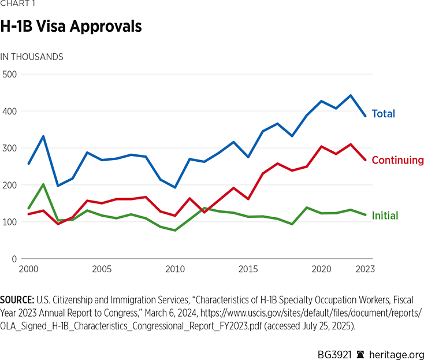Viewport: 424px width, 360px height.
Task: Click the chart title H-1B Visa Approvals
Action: coord(71,27)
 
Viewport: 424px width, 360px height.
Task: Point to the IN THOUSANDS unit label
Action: coord(32,57)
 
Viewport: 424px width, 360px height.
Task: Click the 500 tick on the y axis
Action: coord(10,74)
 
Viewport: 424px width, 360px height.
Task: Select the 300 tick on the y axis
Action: coord(10,148)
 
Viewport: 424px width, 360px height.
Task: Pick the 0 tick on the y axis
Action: coord(14,259)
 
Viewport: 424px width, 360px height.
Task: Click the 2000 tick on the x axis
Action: coord(28,269)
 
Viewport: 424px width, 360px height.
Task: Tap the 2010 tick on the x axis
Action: coord(175,269)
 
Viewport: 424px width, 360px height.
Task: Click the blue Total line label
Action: coord(383,113)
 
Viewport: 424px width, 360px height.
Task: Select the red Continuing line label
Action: coord(397,160)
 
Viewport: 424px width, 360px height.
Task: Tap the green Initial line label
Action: coord(385,216)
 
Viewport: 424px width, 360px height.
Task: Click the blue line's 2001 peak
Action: coord(43,136)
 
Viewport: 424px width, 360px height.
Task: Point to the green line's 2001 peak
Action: coord(43,184)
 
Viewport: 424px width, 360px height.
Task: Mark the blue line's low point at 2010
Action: coord(175,188)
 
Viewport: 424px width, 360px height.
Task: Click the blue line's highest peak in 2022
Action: coord(351,95)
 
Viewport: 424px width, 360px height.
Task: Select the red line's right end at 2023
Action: coord(365,160)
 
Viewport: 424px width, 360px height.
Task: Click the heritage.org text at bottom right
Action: coord(396,354)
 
